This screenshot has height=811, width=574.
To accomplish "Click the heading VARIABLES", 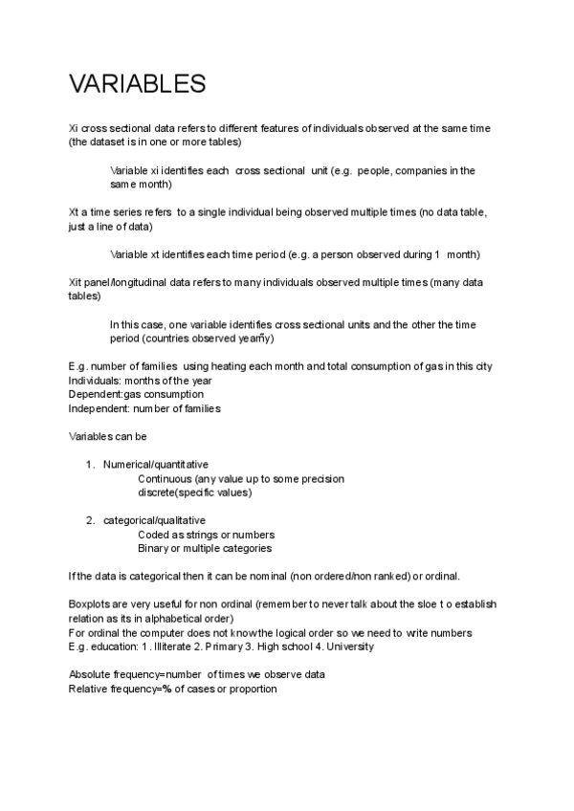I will [137, 85].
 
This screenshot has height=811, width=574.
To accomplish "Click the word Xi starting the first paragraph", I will [74, 128].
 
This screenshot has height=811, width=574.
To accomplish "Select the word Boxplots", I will [90, 604].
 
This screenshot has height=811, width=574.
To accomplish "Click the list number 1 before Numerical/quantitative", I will [90, 464].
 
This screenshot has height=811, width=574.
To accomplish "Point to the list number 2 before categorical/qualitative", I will [90, 520].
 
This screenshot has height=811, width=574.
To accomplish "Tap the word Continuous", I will [165, 478].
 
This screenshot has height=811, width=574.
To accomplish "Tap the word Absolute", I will [92, 674].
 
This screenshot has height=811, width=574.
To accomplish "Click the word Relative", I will [91, 689].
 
